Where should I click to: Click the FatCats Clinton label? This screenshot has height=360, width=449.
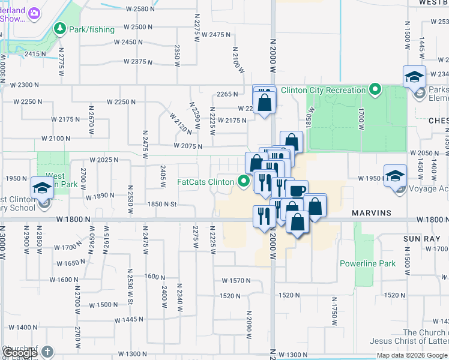(x=206, y=181)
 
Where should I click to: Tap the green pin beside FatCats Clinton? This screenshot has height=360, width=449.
(x=244, y=181)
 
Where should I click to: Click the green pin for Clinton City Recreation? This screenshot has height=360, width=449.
(x=375, y=91)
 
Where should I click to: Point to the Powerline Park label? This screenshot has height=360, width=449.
(x=367, y=263)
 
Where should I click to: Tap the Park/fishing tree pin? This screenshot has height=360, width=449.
(x=59, y=28)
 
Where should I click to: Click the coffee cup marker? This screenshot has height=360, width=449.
(x=296, y=190)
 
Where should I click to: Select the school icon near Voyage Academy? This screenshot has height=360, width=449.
(x=395, y=176)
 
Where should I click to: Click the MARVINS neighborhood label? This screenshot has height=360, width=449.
(x=372, y=213)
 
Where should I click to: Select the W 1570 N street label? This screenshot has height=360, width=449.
(x=236, y=281)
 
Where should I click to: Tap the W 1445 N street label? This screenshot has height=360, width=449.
(x=128, y=320)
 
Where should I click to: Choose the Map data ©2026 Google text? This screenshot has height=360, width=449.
(x=412, y=355)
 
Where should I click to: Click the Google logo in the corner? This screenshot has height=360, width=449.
(x=20, y=353)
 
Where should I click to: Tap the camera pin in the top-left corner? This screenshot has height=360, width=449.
(x=34, y=13)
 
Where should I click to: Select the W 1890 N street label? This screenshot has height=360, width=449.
(x=100, y=196)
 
